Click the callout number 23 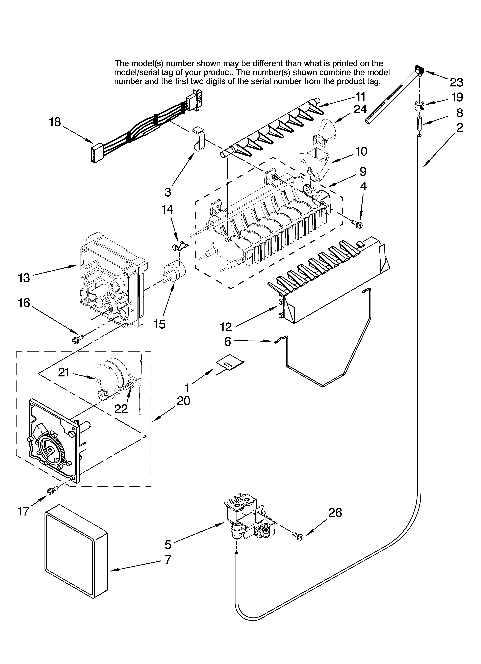point(456,83)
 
